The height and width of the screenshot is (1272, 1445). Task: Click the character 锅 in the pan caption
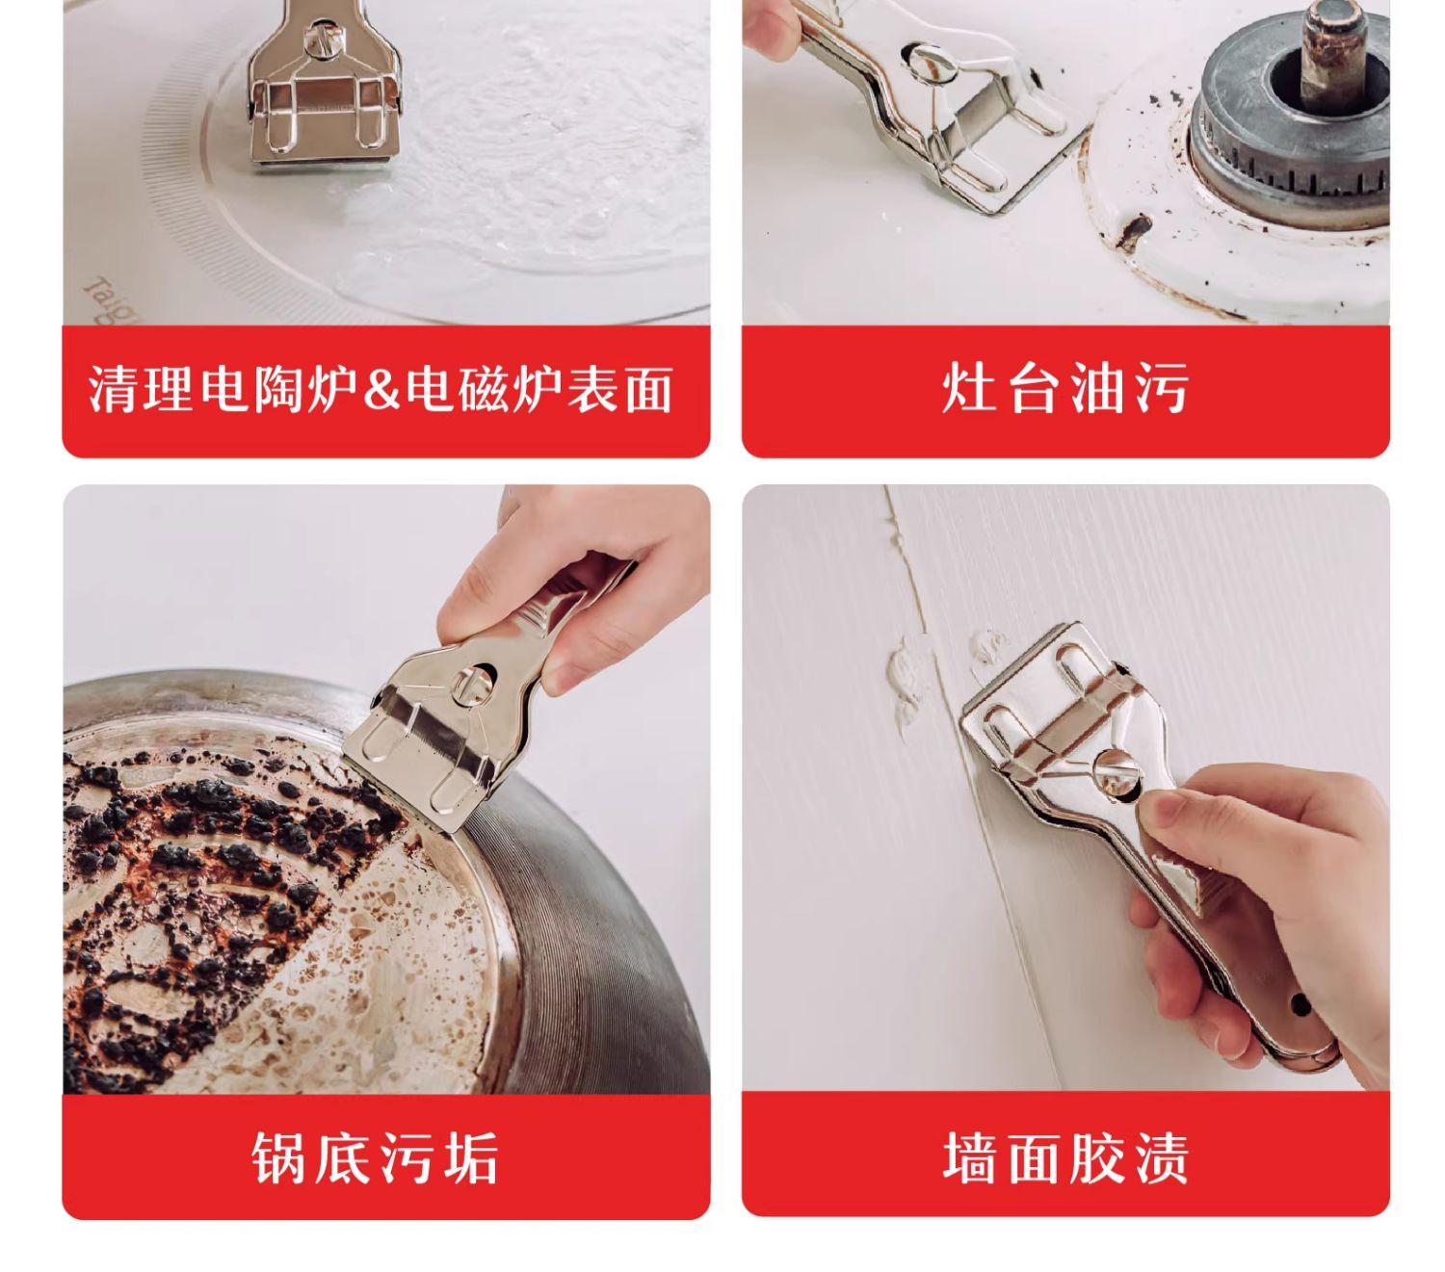pyautogui.click(x=278, y=1156)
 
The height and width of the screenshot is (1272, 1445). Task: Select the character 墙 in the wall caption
pyautogui.click(x=969, y=1156)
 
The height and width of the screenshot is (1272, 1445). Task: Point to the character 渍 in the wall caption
pyautogui.click(x=1161, y=1156)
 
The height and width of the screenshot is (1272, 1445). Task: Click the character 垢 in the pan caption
pyautogui.click(x=471, y=1156)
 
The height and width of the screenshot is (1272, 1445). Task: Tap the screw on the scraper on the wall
pyautogui.click(x=1117, y=772)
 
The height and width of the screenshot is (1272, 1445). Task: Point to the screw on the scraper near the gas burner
pyautogui.click(x=930, y=62)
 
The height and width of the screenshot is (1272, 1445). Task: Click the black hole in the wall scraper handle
pyautogui.click(x=1300, y=1004)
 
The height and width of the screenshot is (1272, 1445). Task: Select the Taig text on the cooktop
pyautogui.click(x=109, y=299)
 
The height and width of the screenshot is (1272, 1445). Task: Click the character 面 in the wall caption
pyautogui.click(x=1034, y=1156)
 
